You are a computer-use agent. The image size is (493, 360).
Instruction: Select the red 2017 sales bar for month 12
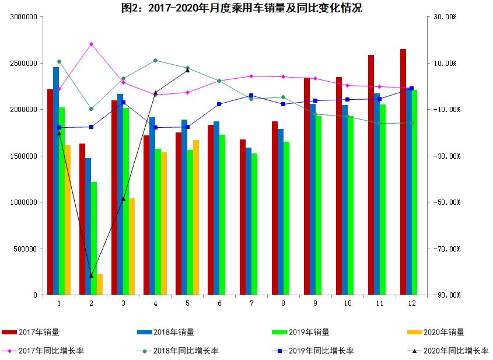tap(403, 172)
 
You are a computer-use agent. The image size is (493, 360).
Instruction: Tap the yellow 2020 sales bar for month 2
tap(100, 285)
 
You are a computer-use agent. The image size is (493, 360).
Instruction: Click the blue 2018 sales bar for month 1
tap(56, 181)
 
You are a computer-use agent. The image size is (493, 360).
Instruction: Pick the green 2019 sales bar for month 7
tap(254, 224)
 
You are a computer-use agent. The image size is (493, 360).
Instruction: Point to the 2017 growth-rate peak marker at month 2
tap(91, 44)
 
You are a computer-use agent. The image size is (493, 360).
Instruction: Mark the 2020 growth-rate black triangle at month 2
tap(91, 275)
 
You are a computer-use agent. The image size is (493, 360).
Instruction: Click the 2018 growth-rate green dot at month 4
tap(155, 60)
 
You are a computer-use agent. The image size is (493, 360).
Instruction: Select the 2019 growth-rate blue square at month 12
tap(411, 89)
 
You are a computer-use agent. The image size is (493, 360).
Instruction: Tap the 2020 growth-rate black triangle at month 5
tap(187, 70)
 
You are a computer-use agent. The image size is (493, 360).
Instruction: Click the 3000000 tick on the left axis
tap(24, 17)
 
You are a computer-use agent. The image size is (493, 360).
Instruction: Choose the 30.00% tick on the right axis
tap(445, 17)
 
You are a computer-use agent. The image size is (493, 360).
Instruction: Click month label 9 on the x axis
tap(315, 303)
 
